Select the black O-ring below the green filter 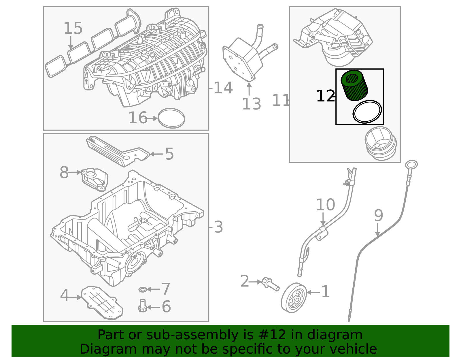(367, 112)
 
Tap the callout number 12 (325, 96)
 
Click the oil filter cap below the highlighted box (381, 143)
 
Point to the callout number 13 (252, 104)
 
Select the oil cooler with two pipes (243, 59)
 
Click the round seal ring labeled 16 (171, 118)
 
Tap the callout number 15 (73, 28)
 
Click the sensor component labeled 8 (94, 179)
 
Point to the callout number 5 (169, 154)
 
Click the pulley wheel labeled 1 (294, 298)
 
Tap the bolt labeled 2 (270, 284)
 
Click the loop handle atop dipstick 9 (411, 165)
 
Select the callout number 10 (325, 205)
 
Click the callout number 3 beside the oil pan (218, 227)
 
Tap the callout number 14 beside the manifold (223, 88)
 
